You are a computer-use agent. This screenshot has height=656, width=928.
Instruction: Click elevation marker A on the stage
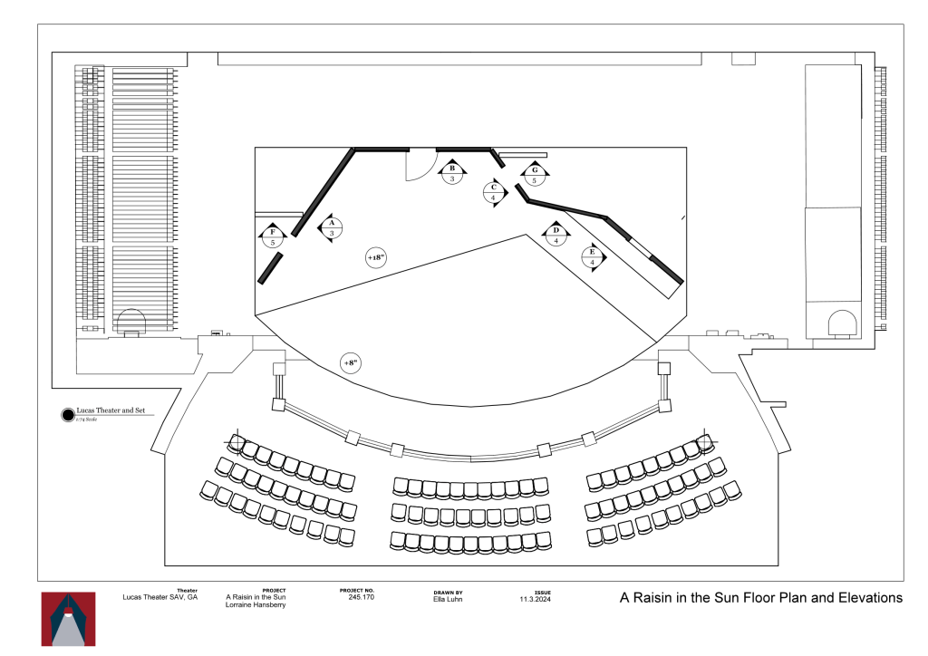click(332, 228)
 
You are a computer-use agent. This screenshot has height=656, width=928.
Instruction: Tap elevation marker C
click(494, 192)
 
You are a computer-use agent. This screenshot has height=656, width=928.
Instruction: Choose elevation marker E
click(593, 257)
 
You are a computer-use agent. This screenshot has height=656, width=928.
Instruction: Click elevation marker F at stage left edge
click(272, 237)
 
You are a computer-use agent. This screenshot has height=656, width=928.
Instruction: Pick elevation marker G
click(535, 175)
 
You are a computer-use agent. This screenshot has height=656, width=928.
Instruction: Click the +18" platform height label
click(376, 258)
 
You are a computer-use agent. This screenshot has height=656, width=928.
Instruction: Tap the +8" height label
click(351, 363)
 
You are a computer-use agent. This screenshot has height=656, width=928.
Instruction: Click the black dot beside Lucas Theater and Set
click(66, 415)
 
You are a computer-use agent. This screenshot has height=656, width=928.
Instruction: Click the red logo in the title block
click(68, 619)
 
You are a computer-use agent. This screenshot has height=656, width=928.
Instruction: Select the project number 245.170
click(361, 598)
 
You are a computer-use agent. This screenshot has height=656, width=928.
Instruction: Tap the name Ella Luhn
click(448, 598)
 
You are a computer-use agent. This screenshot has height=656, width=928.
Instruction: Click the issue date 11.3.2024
click(536, 598)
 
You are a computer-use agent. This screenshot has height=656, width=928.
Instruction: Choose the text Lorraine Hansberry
click(256, 604)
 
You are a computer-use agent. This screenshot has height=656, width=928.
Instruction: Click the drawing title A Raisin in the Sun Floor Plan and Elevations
click(760, 598)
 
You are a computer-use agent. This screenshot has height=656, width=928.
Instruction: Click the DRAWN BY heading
click(448, 591)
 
